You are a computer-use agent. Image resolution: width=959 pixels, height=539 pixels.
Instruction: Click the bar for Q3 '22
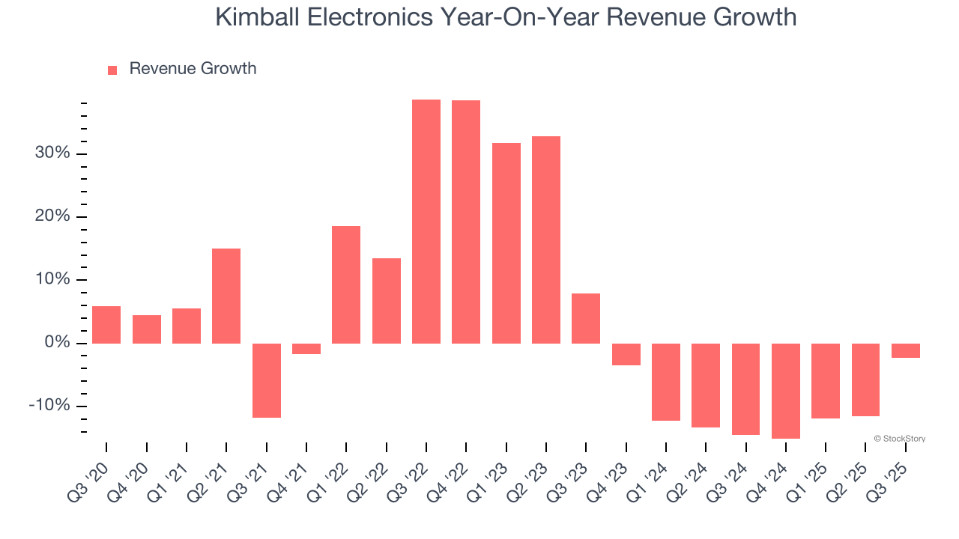426,222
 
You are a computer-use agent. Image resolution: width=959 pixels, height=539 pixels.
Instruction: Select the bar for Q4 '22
466,222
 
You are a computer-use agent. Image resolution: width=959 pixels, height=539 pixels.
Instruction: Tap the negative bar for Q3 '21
266,380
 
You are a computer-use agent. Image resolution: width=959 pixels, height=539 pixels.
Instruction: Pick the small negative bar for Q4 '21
306,349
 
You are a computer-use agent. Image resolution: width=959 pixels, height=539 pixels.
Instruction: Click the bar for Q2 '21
226,296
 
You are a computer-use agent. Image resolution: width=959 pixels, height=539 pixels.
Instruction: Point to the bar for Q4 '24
786,391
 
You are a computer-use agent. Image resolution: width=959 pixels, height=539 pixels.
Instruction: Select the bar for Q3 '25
906,350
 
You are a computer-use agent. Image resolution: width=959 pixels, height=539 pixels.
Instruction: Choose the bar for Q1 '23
506,243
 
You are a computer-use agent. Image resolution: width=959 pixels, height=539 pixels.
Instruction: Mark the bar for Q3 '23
586,318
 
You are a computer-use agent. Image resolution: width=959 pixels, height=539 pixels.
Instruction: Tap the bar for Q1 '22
346,284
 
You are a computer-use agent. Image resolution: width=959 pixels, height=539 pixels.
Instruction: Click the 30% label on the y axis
52,153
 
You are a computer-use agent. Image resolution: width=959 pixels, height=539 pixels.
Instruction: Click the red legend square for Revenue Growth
112,70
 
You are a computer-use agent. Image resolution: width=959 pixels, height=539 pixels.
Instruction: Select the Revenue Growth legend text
193,69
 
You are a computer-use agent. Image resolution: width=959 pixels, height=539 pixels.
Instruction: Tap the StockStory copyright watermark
899,439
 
